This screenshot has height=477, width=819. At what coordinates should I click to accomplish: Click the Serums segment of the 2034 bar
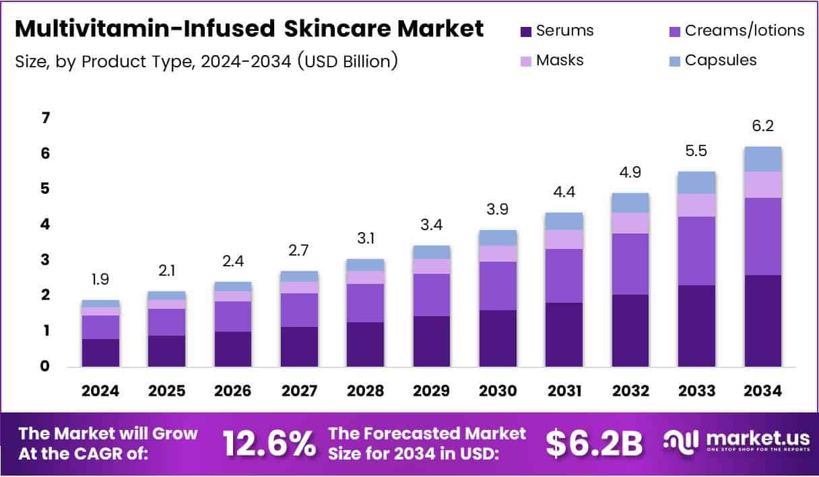tap(763, 320)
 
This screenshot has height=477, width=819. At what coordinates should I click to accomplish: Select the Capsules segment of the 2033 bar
tap(696, 182)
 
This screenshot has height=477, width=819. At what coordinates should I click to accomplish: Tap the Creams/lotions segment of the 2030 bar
tap(498, 286)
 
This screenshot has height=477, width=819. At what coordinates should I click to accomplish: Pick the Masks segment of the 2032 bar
tap(630, 223)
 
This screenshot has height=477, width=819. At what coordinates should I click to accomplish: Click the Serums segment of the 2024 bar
tap(100, 353)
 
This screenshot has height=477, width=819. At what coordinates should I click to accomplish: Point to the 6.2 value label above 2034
tap(763, 126)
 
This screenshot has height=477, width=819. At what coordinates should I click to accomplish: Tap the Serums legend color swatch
tap(526, 31)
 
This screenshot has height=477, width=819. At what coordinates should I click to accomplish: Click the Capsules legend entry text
tap(720, 60)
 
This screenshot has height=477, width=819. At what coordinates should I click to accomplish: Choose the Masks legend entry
tap(559, 60)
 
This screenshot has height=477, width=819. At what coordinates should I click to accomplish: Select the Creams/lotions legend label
tap(744, 30)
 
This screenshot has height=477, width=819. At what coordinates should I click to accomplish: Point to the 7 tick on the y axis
tap(46, 118)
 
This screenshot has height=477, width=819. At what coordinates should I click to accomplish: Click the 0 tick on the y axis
tap(46, 367)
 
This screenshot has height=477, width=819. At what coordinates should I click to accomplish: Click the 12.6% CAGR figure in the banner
tap(269, 443)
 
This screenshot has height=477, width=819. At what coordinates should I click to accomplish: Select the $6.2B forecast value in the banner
tap(593, 443)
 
